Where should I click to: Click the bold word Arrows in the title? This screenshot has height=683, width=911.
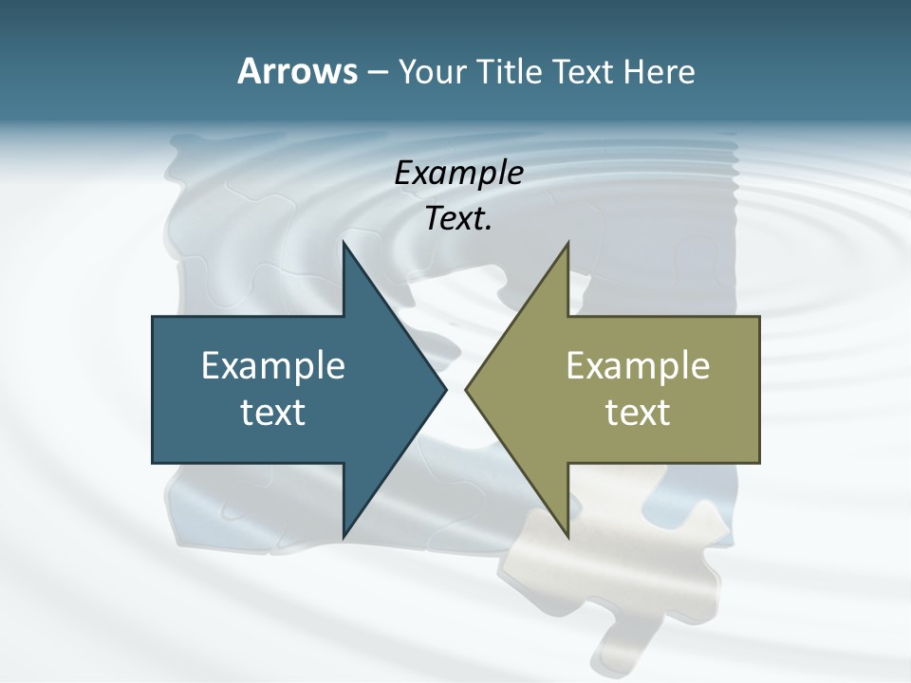click(x=298, y=71)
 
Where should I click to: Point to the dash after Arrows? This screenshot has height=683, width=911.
click(x=377, y=72)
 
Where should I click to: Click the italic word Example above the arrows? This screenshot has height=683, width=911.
click(x=458, y=173)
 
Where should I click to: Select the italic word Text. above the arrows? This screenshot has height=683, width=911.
click(x=458, y=218)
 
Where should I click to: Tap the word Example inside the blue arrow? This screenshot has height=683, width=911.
click(x=273, y=365)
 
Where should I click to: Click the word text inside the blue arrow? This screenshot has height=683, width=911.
click(x=273, y=412)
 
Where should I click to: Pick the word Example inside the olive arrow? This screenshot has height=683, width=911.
click(x=638, y=365)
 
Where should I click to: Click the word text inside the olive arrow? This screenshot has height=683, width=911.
click(x=638, y=412)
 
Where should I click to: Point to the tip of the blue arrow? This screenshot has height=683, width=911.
click(x=445, y=389)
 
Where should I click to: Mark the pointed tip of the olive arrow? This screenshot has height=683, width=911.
click(x=466, y=389)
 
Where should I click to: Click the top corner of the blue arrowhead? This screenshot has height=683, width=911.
click(x=344, y=243)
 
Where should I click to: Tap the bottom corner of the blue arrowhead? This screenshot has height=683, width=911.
click(x=344, y=536)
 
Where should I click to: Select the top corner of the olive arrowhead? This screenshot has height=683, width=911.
click(x=567, y=243)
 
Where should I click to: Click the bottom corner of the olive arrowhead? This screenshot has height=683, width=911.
click(x=567, y=536)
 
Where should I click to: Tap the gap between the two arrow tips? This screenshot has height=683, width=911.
click(x=455, y=389)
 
